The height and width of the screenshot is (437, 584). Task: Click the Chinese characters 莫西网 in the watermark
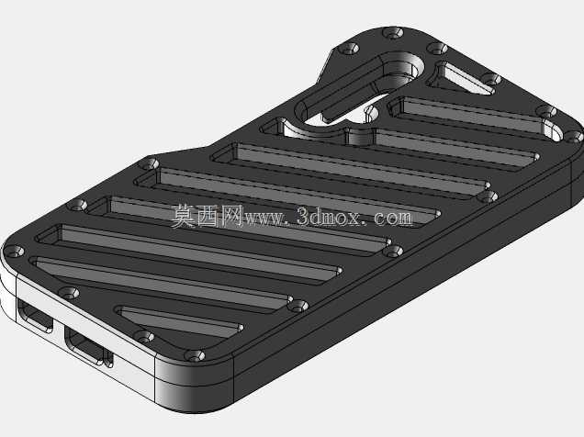208,216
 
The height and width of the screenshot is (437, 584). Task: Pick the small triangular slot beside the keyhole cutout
461,78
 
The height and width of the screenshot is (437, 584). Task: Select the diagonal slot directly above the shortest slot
162,284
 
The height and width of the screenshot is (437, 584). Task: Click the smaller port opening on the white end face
35,317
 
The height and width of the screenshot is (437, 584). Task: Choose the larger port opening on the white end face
84,345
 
